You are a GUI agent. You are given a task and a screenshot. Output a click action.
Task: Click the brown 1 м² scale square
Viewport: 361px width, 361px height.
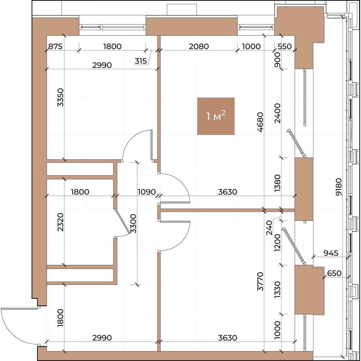click(x=216, y=116)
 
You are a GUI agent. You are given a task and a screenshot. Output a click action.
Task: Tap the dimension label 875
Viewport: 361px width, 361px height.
click(x=55, y=46)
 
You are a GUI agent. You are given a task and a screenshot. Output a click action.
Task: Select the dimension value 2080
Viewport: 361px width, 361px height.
click(x=199, y=46)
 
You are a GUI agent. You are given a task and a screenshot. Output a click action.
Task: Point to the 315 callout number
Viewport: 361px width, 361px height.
click(x=141, y=61)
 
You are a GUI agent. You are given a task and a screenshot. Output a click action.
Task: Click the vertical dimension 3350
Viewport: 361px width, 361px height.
click(x=60, y=97)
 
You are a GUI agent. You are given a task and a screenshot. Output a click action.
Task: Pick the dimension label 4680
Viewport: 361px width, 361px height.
click(x=261, y=122)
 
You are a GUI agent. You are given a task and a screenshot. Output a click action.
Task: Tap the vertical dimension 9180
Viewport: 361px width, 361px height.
click(x=339, y=187)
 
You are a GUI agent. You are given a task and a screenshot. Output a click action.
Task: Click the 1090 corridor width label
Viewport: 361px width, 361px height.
click(x=147, y=192)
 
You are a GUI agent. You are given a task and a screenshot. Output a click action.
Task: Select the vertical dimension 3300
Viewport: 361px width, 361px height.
click(x=133, y=224)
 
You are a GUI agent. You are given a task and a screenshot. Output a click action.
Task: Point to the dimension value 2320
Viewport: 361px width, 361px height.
click(x=60, y=222)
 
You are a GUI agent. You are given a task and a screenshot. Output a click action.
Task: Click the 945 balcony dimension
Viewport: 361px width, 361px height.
click(x=331, y=253)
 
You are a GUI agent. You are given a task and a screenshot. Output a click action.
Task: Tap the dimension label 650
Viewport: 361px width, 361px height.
click(x=334, y=273)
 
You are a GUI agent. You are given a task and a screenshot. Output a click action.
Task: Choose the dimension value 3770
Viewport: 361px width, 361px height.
click(x=261, y=282)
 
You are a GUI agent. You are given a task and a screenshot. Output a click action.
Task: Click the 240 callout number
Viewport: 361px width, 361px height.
click(x=269, y=228)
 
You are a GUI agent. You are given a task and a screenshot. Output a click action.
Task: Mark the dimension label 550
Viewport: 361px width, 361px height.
click(x=285, y=46)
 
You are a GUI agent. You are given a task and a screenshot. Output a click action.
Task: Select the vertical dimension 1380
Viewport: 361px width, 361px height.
click(x=277, y=183)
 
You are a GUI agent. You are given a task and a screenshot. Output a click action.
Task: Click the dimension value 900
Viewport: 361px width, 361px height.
click(x=277, y=60)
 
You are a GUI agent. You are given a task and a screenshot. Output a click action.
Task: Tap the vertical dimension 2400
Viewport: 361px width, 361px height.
click(x=277, y=113)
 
